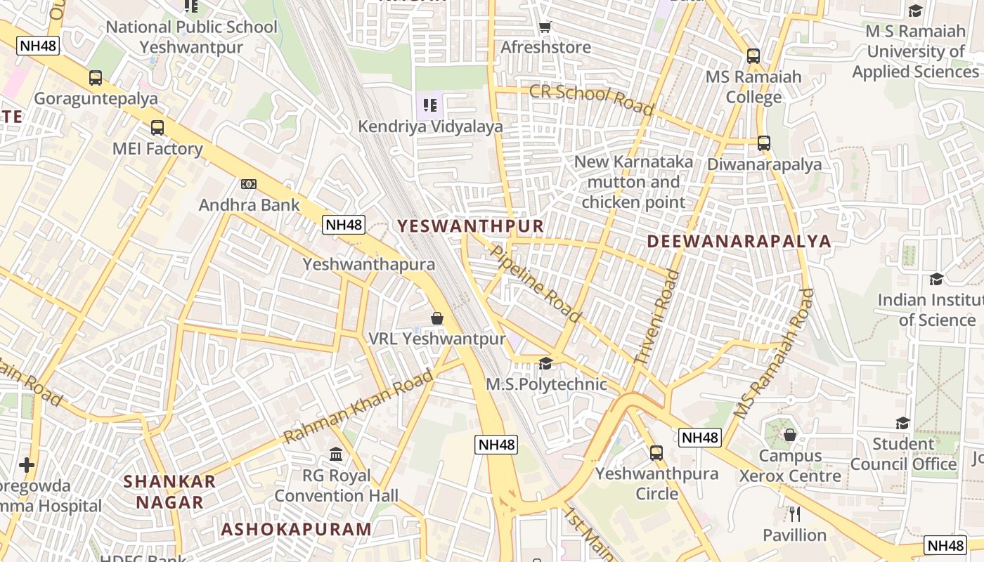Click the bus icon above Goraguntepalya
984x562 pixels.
point(96,78)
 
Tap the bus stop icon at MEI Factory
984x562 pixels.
point(157,128)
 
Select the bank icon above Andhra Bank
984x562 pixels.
point(248,184)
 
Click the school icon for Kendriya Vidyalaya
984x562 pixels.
point(430,105)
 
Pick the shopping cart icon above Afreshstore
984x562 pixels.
point(545,27)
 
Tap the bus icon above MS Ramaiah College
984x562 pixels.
point(753,56)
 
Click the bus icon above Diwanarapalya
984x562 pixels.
point(764,143)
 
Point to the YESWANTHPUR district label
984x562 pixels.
point(470,226)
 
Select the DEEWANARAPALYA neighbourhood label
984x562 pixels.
point(739,242)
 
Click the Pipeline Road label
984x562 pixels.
point(536,283)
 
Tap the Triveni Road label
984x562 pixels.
point(657,318)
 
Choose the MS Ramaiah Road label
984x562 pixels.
point(774,354)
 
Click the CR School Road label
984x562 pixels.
point(591,100)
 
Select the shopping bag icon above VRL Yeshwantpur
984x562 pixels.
point(437,318)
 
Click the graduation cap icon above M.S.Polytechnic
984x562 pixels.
point(545,363)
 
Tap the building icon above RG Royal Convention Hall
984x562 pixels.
point(336,455)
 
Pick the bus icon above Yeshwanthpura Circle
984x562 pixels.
point(656,453)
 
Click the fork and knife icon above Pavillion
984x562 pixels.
point(795,514)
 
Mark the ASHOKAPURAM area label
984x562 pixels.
point(296,530)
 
